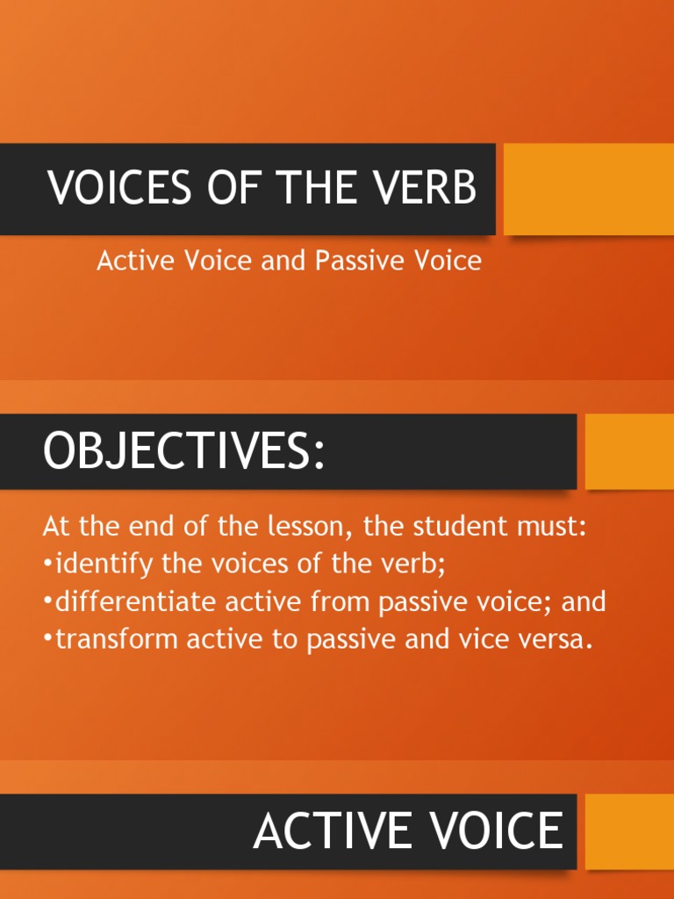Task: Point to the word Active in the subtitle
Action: (x=131, y=261)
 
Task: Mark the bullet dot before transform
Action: (x=47, y=641)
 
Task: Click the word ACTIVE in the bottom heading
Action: (x=333, y=831)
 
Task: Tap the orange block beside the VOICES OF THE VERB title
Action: (x=588, y=189)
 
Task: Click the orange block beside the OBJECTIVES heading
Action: (x=629, y=451)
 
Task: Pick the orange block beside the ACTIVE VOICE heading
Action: (x=629, y=831)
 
